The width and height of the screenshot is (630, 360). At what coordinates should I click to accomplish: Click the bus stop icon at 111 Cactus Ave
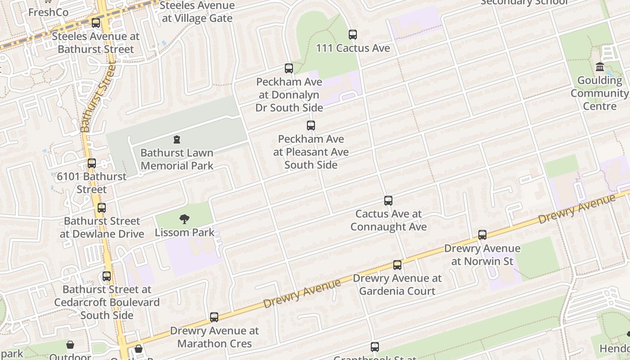coord(353,35)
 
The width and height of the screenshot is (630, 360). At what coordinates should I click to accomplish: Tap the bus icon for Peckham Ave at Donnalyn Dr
coord(289,68)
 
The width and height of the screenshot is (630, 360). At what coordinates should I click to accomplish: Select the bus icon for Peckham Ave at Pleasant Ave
coord(311,126)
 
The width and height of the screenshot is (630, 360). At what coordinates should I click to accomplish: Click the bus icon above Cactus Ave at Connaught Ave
coord(388,201)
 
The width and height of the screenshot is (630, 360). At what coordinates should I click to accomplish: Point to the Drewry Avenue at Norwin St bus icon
coord(482,235)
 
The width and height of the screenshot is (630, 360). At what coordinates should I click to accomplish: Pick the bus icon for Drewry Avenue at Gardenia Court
coord(397,265)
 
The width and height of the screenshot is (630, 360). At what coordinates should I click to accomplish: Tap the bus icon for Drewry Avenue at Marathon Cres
coord(214,317)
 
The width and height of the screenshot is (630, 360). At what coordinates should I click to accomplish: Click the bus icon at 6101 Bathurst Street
coord(92,163)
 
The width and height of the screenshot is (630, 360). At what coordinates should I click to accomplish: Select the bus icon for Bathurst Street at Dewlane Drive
coord(102,208)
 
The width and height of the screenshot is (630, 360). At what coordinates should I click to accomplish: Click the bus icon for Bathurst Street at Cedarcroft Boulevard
coord(107,276)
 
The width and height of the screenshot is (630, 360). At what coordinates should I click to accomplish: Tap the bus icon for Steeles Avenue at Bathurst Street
coord(96,23)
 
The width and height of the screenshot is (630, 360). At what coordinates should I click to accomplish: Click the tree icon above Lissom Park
coord(184,220)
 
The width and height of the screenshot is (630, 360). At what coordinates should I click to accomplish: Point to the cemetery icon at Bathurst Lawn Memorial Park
coord(177,140)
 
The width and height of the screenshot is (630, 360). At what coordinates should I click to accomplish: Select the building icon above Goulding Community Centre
coord(600,67)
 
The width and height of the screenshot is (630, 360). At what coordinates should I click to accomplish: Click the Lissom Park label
coord(184,233)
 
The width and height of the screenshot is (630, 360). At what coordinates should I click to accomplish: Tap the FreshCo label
coord(48,12)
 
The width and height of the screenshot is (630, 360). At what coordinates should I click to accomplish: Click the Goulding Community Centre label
coord(599,94)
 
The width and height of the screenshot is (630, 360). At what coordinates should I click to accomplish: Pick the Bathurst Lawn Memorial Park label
coord(177,159)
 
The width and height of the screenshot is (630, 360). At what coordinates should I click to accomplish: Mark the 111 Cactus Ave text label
coord(353,48)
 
